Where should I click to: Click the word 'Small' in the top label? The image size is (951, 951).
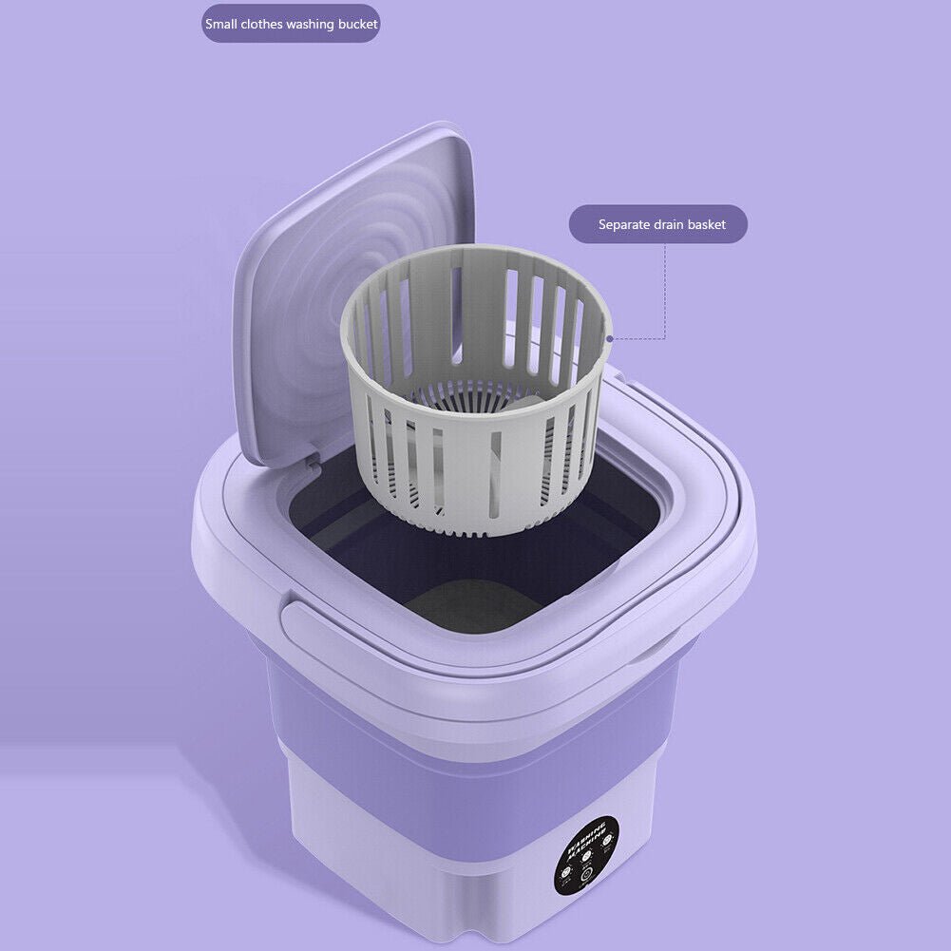point(223,24)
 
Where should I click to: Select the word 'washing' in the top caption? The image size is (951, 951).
point(301,24)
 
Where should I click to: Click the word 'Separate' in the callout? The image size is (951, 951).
point(624,225)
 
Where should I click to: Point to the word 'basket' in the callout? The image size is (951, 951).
point(708,225)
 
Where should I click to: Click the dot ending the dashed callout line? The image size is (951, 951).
point(609,337)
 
